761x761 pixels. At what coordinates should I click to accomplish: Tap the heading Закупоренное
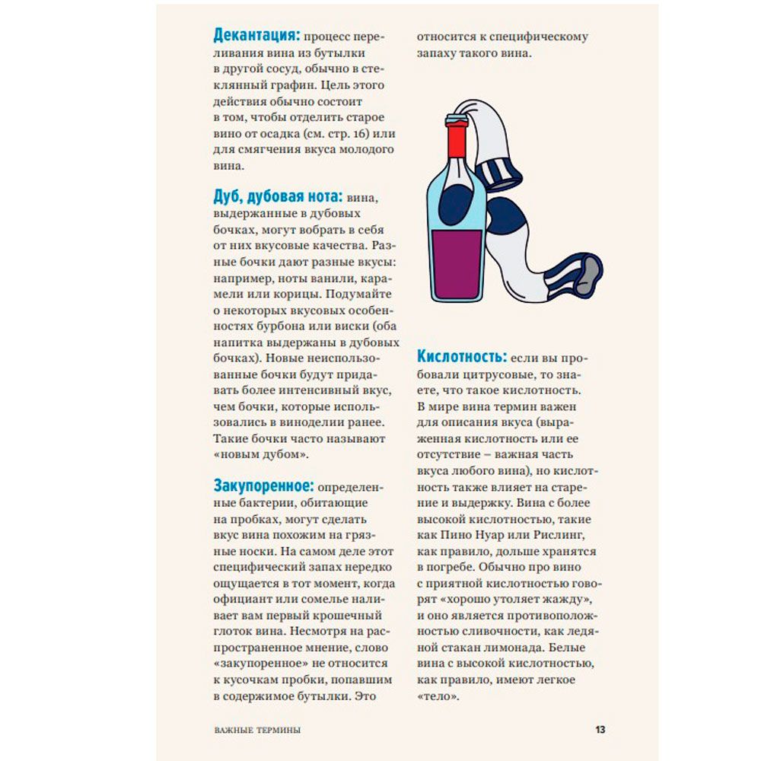click(x=263, y=485)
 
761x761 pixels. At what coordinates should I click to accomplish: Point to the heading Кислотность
click(x=461, y=356)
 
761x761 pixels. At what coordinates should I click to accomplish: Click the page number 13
click(x=600, y=729)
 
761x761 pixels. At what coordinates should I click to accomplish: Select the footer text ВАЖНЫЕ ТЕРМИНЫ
click(x=257, y=730)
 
